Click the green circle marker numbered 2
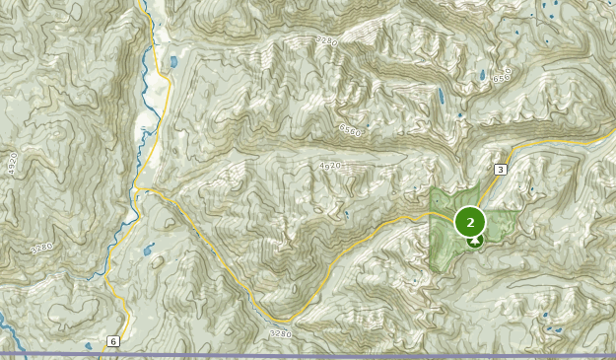pos(470,222)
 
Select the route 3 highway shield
pos(501,170)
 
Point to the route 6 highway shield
pos(113,341)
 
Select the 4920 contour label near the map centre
pos(329,166)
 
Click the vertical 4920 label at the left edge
pos(13,164)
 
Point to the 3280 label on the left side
pos(41,248)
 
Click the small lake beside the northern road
pos(173,61)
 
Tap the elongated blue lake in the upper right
pos(440,99)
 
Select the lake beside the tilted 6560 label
pos(482,75)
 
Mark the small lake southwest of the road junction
pos(149,250)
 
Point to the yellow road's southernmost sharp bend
pos(286,320)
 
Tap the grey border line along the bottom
pos(296,354)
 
